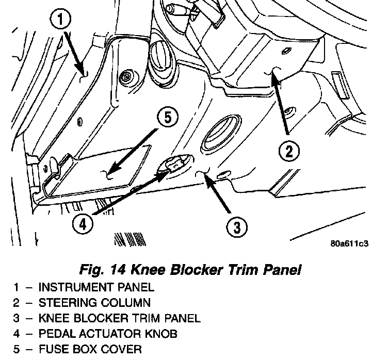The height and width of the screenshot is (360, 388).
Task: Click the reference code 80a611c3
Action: [x=349, y=244]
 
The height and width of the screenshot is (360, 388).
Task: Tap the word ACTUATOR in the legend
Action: [x=106, y=334]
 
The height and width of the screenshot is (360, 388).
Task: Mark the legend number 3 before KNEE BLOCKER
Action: [x=17, y=318]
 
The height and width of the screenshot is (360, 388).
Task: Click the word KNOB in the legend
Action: [x=159, y=334]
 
